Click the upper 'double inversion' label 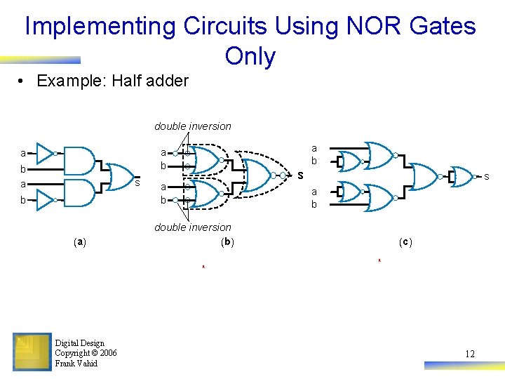point(193,126)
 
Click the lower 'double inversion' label point(193,227)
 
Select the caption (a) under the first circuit point(81,241)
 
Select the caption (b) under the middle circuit point(227,241)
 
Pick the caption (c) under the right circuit point(405,242)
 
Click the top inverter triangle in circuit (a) point(46,152)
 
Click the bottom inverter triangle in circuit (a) point(46,200)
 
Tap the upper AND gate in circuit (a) point(79,161)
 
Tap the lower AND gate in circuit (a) point(79,192)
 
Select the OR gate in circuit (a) point(121,177)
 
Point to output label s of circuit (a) point(137,183)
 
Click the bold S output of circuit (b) point(299,175)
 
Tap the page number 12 point(469,354)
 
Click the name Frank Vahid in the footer point(76,364)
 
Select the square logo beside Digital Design point(32,352)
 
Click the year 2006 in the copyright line point(108,353)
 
